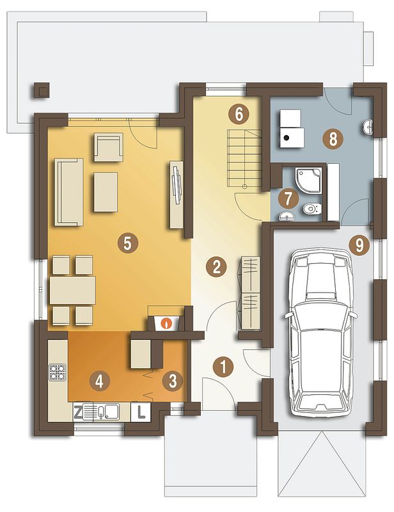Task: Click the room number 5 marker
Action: tap(128, 243)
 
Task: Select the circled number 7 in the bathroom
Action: tap(288, 198)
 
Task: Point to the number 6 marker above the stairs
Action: tap(239, 115)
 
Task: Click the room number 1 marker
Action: tap(223, 367)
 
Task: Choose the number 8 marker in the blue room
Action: tap(333, 139)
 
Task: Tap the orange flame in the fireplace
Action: tap(167, 324)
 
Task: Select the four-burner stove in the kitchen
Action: tap(57, 372)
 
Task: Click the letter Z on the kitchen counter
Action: tap(77, 413)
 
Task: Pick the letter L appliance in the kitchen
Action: tap(141, 412)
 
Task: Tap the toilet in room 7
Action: tap(312, 209)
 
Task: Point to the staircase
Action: tap(244, 157)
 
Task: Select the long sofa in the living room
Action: tap(69, 192)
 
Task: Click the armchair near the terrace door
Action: tap(108, 147)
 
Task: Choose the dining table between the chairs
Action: tap(72, 291)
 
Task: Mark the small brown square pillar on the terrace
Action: tap(41, 90)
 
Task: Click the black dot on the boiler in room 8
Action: tap(287, 138)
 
